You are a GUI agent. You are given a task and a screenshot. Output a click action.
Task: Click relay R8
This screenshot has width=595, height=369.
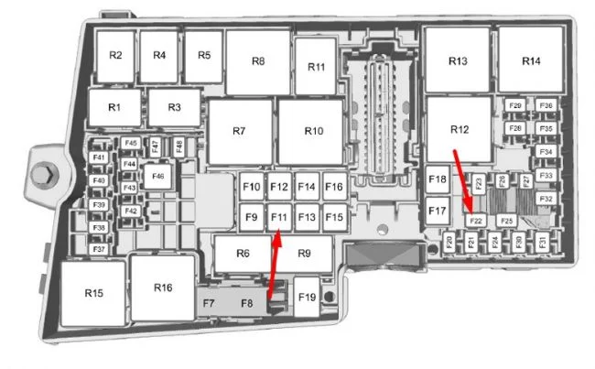258,61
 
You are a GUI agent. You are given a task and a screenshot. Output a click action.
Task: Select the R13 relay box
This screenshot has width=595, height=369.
458,60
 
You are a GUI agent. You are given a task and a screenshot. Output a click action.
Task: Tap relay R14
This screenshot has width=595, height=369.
531,60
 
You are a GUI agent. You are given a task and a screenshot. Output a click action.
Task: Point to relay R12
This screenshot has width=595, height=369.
459,130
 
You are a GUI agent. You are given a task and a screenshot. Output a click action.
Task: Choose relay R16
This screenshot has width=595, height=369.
163,288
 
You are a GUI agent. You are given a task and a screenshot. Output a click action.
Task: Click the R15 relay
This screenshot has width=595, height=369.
93,293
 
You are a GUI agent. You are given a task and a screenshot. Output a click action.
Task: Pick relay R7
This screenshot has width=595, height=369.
240,132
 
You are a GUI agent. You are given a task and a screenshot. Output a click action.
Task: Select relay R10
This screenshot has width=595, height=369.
314,132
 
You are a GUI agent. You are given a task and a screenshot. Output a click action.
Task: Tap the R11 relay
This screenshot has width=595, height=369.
317,67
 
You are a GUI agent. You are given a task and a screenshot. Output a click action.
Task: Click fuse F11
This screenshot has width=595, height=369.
279,217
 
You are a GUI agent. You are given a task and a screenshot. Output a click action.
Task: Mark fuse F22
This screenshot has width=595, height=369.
476,220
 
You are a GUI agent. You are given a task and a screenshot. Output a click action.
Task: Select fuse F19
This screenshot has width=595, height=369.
307,297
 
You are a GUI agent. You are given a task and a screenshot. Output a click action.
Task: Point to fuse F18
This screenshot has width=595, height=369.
438,179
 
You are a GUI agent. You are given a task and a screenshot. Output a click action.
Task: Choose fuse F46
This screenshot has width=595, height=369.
157,176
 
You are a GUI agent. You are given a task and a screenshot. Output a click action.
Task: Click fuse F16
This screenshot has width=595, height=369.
334,188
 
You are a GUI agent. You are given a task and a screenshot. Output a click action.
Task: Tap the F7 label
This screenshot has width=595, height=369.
209,302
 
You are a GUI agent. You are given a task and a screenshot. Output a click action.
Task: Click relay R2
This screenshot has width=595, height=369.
115,55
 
